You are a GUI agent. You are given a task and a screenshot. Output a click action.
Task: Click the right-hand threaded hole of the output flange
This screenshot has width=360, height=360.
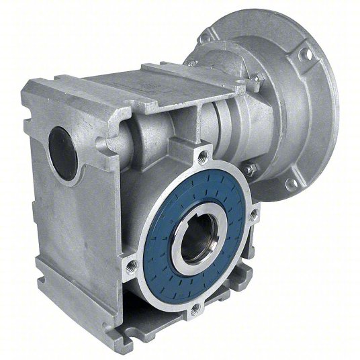253,216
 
